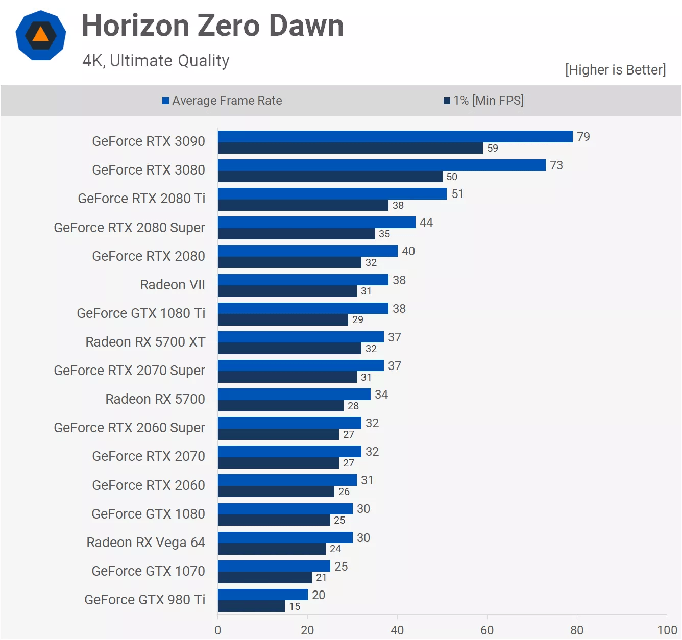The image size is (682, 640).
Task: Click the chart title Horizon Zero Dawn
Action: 212,26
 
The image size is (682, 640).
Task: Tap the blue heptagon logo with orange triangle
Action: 41,35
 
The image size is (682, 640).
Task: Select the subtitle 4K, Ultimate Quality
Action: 156,61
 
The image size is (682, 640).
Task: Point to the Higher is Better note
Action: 615,70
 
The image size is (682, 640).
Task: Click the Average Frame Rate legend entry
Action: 222,101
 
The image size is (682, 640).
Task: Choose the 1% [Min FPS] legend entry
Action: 483,101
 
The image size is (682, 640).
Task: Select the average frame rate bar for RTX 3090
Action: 395,136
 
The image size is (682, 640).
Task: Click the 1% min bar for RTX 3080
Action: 330,177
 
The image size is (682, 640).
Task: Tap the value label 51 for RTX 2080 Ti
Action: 457,194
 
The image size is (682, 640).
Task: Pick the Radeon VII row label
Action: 173,285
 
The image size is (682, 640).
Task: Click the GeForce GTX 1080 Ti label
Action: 141,313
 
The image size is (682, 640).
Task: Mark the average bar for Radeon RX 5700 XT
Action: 301,337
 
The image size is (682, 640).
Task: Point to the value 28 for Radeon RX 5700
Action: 353,406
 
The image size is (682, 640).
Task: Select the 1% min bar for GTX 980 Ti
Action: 251,606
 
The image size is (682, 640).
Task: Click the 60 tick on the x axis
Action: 487,630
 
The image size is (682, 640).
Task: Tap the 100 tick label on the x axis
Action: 667,630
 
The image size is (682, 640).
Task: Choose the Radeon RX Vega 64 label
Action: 145,543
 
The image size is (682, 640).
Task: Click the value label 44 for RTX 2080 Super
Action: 426,223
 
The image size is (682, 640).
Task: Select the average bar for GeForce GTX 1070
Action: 274,566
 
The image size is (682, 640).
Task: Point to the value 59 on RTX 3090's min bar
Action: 493,149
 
